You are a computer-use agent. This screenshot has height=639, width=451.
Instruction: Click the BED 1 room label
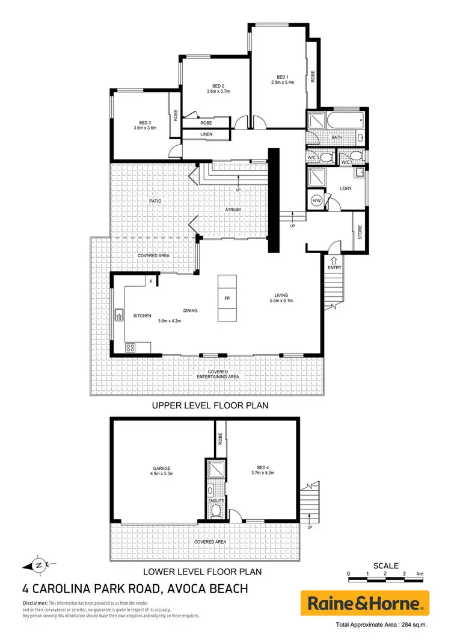[x=283, y=76]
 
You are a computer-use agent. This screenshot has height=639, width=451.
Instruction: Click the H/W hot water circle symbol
[x=316, y=201]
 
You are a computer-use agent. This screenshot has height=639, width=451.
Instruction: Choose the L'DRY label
[x=346, y=189]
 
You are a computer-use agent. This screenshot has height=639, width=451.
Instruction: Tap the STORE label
[x=360, y=232]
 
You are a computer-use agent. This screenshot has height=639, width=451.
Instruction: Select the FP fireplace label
[x=227, y=299]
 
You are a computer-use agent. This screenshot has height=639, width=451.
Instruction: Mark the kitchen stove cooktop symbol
[x=130, y=348]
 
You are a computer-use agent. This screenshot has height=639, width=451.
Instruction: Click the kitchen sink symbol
[x=120, y=313]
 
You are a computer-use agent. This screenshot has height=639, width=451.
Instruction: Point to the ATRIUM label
[x=233, y=210]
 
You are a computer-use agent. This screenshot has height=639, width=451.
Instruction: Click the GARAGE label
[x=162, y=467]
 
